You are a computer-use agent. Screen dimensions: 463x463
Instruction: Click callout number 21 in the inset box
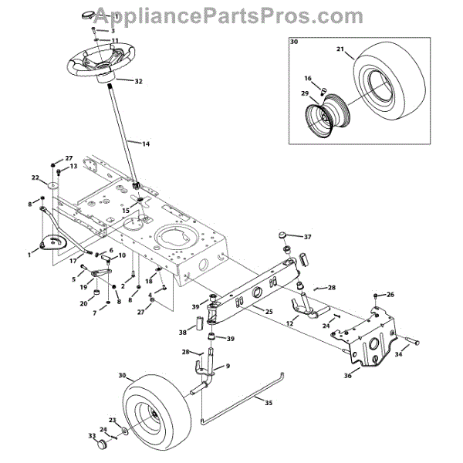[340, 49]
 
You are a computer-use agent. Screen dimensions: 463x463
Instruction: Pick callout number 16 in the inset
[307, 78]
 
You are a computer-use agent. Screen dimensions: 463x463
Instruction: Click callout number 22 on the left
[35, 177]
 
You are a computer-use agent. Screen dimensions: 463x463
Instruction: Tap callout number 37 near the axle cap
[307, 237]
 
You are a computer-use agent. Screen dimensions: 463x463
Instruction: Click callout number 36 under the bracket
[347, 376]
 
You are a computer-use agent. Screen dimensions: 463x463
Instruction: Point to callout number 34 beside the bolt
[400, 355]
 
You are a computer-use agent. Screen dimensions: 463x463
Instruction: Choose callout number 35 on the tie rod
[269, 402]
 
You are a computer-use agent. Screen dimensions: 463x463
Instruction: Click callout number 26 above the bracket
[390, 295]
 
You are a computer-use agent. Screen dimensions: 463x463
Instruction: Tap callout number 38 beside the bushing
[182, 333]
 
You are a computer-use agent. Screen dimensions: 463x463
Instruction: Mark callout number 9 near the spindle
[228, 365]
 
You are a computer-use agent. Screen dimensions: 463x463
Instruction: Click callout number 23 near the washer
[112, 420]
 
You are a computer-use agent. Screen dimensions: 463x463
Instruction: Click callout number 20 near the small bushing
[83, 304]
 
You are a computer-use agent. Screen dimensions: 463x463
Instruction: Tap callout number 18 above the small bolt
[149, 282]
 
